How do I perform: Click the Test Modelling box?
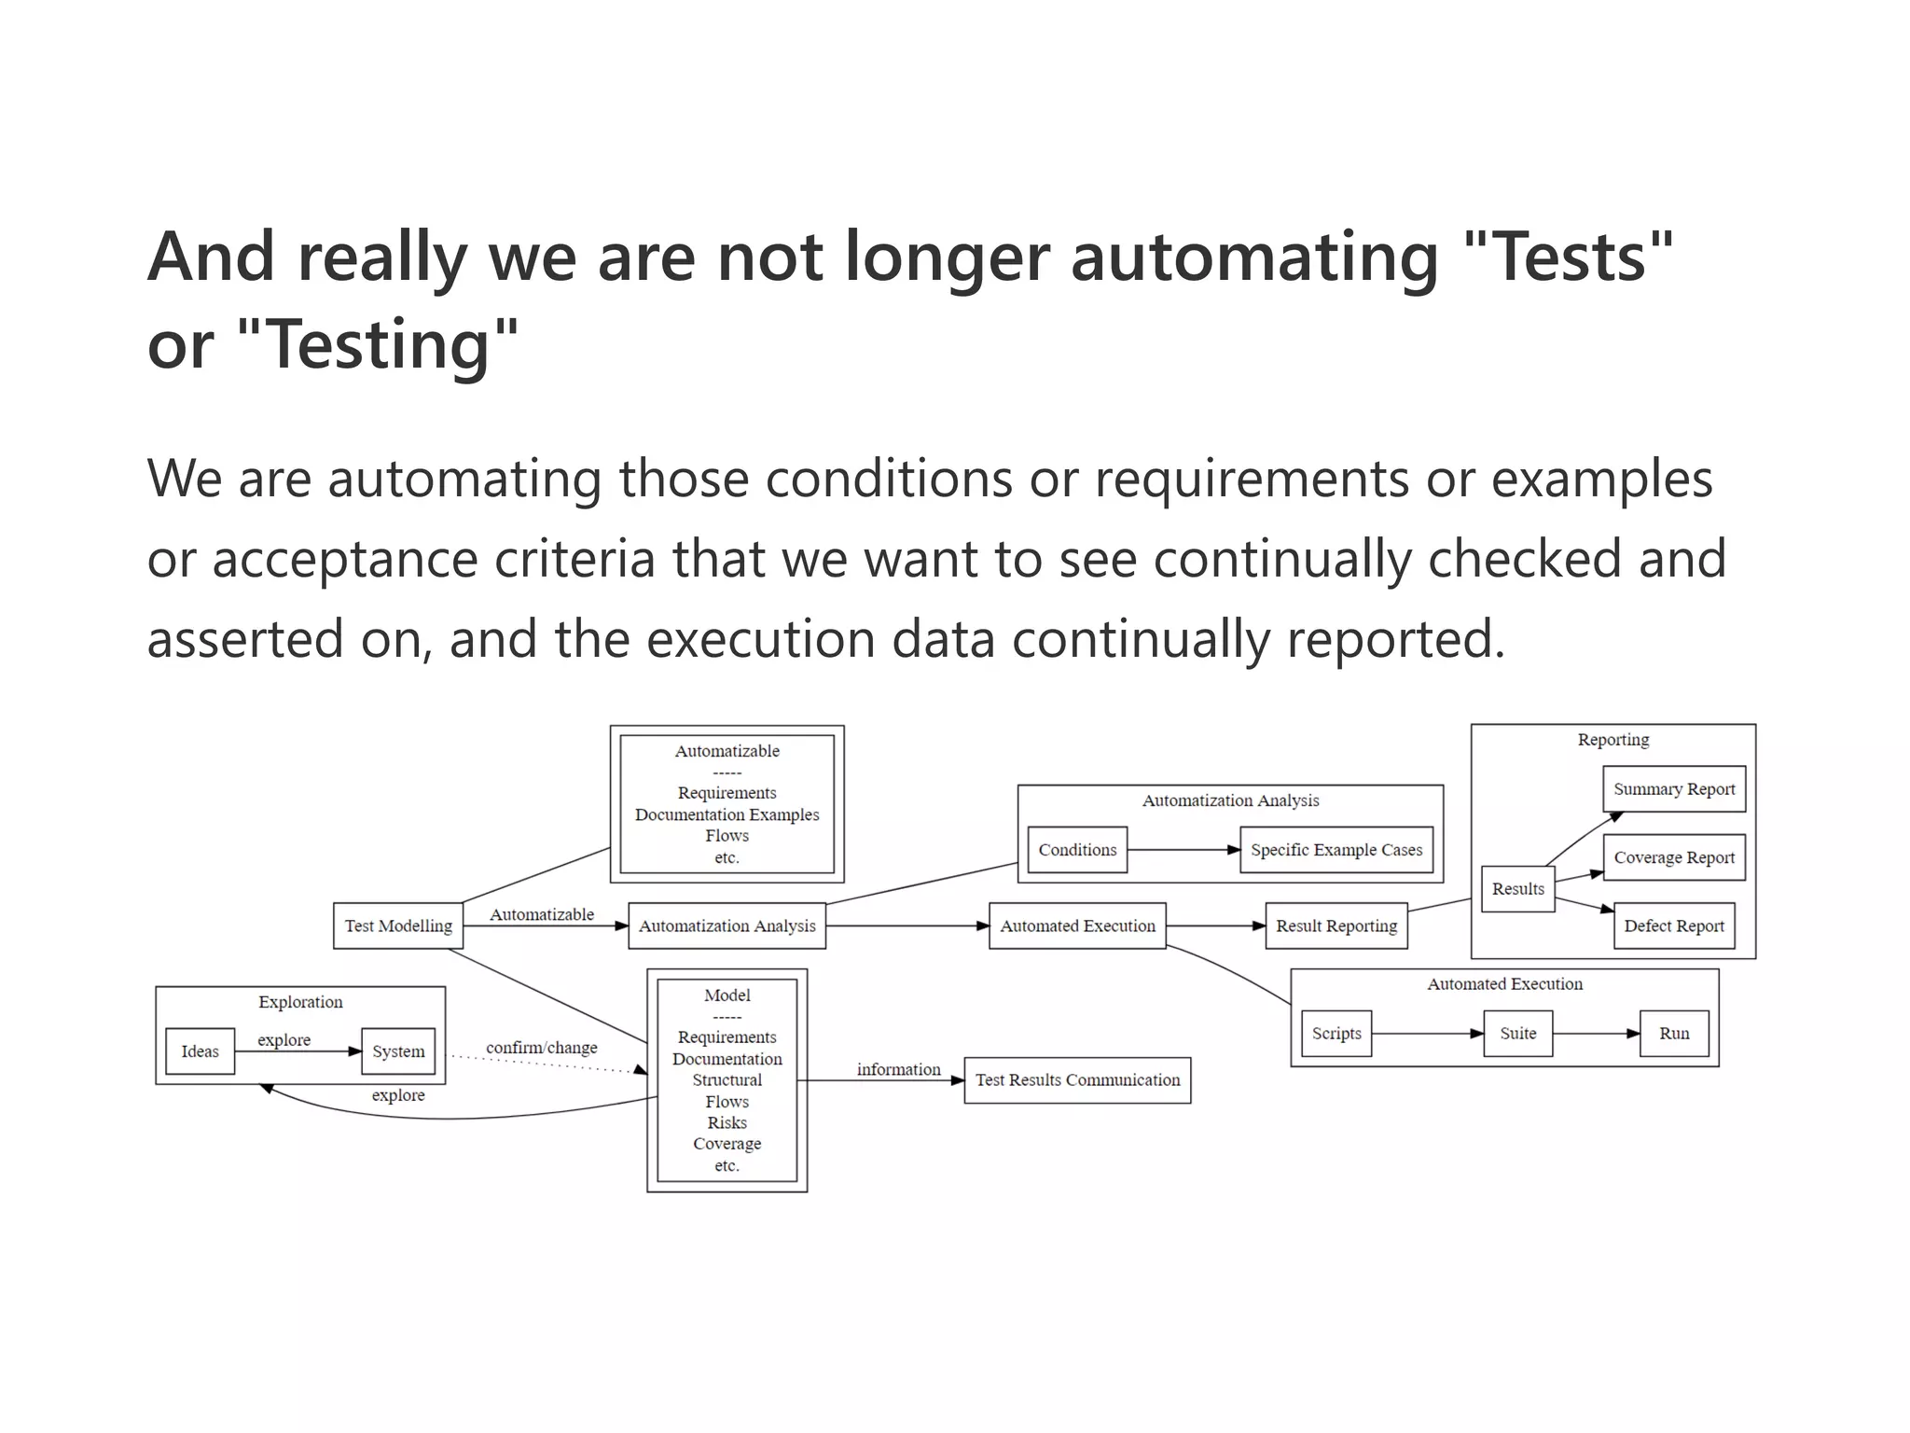[x=398, y=925]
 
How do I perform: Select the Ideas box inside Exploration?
[x=200, y=1051]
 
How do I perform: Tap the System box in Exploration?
[x=398, y=1051]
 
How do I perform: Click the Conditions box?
[x=1077, y=850]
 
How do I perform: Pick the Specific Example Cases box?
[x=1336, y=850]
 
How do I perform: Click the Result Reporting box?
[x=1336, y=925]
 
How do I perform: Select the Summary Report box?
[x=1674, y=789]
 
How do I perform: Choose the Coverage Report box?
[x=1674, y=857]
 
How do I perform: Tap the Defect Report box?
[x=1674, y=925]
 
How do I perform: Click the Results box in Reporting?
[x=1517, y=889]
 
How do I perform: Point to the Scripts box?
[x=1336, y=1034]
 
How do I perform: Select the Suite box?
[x=1517, y=1034]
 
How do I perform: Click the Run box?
[x=1674, y=1034]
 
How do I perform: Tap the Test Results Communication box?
[x=1077, y=1080]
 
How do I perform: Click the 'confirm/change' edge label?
[x=541, y=1048]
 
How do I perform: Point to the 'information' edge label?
[x=898, y=1069]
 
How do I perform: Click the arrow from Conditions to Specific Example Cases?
[x=1183, y=850]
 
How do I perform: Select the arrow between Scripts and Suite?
[x=1427, y=1034]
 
